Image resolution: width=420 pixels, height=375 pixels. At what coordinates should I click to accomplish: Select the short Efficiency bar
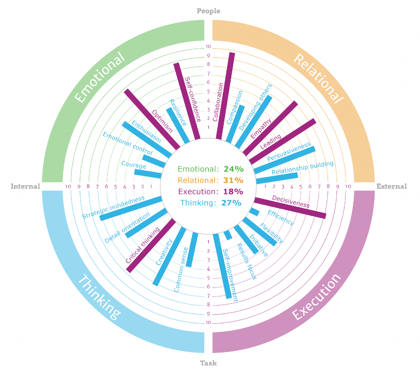pyautogui.click(x=254, y=212)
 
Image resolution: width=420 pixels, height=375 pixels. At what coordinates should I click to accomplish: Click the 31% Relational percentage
pyautogui.click(x=233, y=180)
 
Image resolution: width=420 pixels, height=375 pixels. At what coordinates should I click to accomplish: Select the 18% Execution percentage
pyautogui.click(x=233, y=192)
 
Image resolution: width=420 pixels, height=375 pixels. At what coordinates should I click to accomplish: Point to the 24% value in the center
pyautogui.click(x=233, y=169)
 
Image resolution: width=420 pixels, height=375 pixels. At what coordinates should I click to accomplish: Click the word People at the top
pyautogui.click(x=209, y=11)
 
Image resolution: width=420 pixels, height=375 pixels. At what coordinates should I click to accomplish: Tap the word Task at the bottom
pyautogui.click(x=209, y=363)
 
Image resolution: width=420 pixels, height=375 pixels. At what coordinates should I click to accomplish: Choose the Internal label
pyautogui.click(x=25, y=186)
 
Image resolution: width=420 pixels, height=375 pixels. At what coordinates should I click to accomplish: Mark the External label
pyautogui.click(x=392, y=186)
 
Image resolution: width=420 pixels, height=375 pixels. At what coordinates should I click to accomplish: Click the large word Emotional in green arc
pyautogui.click(x=100, y=78)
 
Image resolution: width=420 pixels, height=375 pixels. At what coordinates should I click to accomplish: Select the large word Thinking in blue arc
pyautogui.click(x=99, y=297)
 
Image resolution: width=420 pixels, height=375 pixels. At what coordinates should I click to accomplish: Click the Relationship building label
pyautogui.click(x=303, y=168)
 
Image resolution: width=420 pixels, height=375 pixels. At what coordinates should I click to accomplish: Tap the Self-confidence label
pyautogui.click(x=192, y=100)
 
